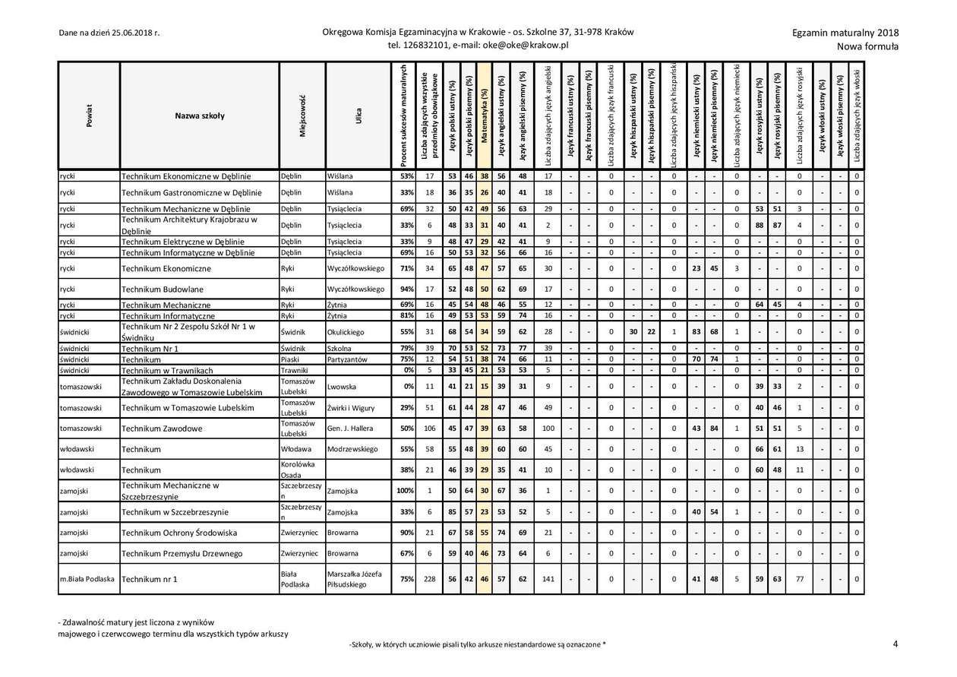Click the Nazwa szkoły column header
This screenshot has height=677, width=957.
tap(199, 116)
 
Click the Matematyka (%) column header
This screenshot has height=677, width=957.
tap(485, 116)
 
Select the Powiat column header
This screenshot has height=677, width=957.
tap(89, 116)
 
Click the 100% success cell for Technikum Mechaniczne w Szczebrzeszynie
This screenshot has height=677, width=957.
tap(405, 491)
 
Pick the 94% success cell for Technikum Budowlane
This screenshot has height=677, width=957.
tap(406, 289)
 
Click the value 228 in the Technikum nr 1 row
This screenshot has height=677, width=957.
tap(430, 579)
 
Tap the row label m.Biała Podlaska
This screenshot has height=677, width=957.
tap(87, 579)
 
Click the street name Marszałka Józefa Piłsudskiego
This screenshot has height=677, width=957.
tap(355, 579)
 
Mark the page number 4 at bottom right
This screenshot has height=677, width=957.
tap(895, 644)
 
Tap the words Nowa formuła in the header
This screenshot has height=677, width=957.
tap(867, 46)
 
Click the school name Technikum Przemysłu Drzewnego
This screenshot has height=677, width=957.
tap(182, 554)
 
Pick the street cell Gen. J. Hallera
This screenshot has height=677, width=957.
tap(350, 429)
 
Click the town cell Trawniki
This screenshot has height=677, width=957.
tap(294, 370)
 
